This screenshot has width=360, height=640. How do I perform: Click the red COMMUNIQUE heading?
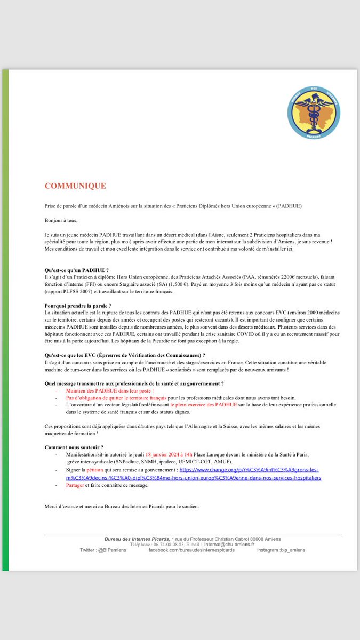[75, 186]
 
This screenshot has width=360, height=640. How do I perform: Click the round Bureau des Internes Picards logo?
[314, 112]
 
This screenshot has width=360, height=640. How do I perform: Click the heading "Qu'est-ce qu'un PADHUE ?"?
[80, 271]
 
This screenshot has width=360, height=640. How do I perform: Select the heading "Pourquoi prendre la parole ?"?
[81, 306]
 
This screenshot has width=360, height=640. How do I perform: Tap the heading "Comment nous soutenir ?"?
[74, 447]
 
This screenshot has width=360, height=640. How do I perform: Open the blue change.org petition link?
[250, 474]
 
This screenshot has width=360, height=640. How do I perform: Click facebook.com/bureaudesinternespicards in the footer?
[191, 550]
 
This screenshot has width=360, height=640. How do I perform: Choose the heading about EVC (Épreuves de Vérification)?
[125, 355]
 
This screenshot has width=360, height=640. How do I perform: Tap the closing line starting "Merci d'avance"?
[122, 506]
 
